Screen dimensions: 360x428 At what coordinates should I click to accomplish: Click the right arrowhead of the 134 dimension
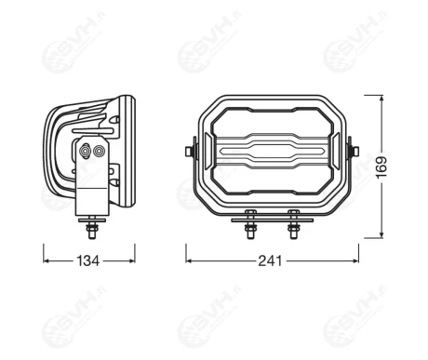coord(132,252)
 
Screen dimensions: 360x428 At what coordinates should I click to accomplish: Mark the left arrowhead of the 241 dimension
coord(189,252)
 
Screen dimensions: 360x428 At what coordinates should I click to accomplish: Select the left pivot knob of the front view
coord(193,149)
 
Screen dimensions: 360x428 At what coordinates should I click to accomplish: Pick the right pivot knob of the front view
coord(351,149)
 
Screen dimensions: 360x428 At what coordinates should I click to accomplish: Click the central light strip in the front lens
coord(272,150)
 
